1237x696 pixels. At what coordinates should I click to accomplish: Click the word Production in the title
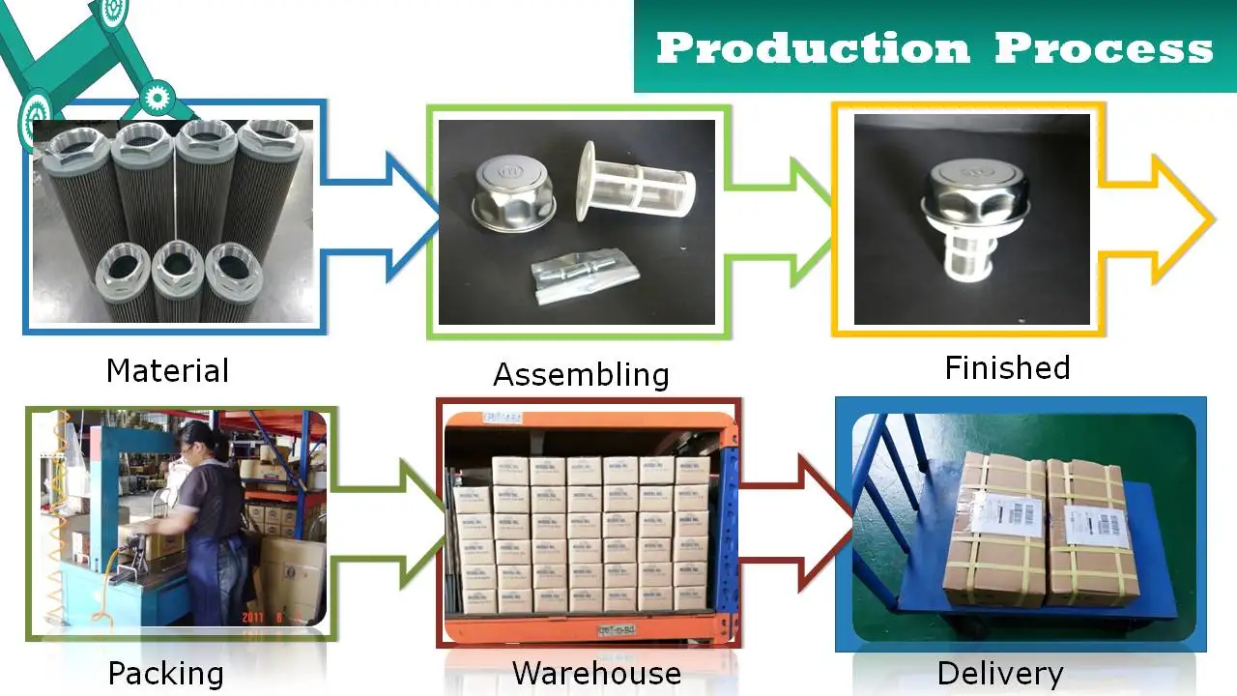click(812, 47)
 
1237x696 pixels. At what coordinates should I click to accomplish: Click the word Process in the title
click(1104, 47)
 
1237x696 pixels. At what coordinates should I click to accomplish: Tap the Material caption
click(167, 370)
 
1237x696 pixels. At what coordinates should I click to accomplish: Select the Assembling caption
click(581, 374)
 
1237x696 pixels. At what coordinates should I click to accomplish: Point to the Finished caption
click(1007, 368)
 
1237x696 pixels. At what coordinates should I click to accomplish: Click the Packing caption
click(165, 673)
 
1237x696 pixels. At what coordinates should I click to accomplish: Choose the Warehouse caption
click(596, 673)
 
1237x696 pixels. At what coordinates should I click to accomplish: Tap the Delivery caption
click(1000, 673)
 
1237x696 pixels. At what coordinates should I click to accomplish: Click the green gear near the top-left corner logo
click(155, 98)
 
